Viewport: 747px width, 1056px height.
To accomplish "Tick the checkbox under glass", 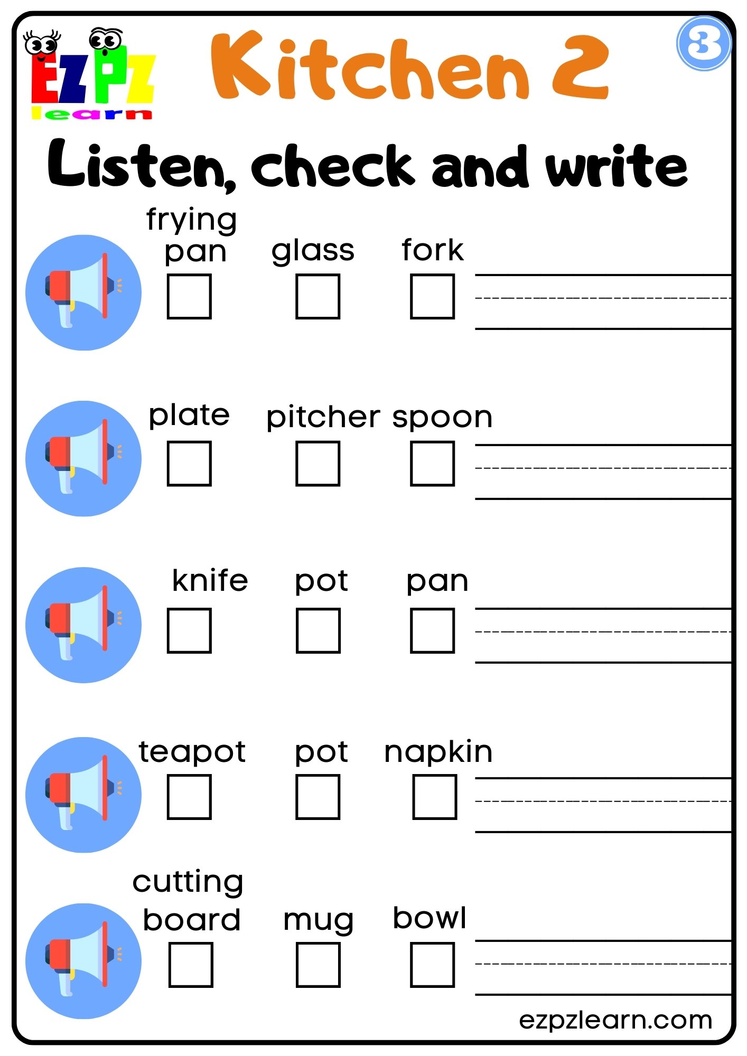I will (x=318, y=296).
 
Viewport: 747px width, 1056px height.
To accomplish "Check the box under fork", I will (x=432, y=296).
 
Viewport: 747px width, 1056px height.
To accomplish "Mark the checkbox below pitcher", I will (x=318, y=463).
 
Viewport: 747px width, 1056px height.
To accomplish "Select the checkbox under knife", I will (x=189, y=630).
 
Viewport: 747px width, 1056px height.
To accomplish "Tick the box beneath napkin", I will (x=434, y=797).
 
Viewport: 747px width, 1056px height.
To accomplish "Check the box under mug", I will (x=318, y=965).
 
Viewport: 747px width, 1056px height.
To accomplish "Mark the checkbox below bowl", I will (x=432, y=965).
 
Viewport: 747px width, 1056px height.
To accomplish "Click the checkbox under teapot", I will (x=189, y=797).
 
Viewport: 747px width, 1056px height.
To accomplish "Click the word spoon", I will (x=442, y=418).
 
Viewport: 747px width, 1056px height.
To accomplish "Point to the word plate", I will (x=189, y=416).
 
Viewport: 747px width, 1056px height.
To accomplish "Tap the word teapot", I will (x=192, y=752).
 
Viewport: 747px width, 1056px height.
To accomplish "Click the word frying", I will (x=191, y=220).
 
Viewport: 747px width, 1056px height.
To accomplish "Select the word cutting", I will (x=188, y=882).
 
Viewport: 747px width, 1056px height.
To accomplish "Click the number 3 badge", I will (x=703, y=43).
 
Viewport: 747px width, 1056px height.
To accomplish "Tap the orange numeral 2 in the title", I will (x=580, y=68).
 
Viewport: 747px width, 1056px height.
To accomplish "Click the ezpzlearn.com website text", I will (x=615, y=1020).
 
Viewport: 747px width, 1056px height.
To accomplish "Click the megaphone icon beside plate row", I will (x=83, y=458).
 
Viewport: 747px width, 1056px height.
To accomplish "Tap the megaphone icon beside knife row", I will (x=83, y=625).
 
